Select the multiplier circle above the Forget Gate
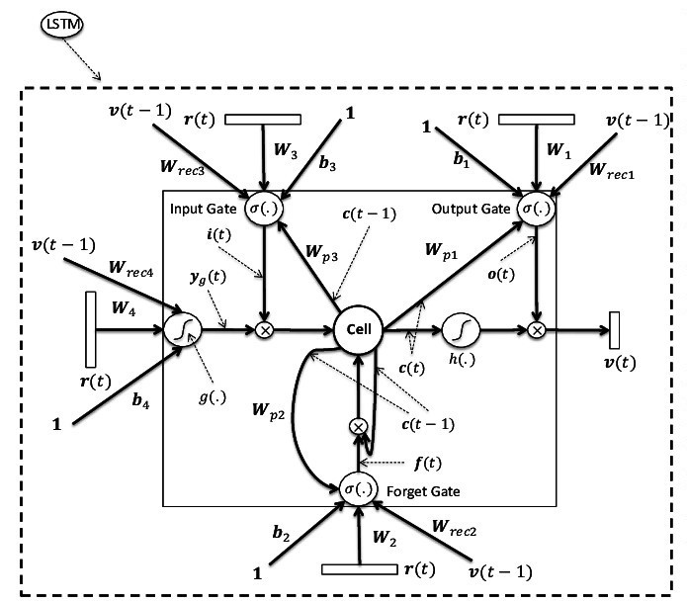coord(358,427)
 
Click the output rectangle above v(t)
coord(614,330)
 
